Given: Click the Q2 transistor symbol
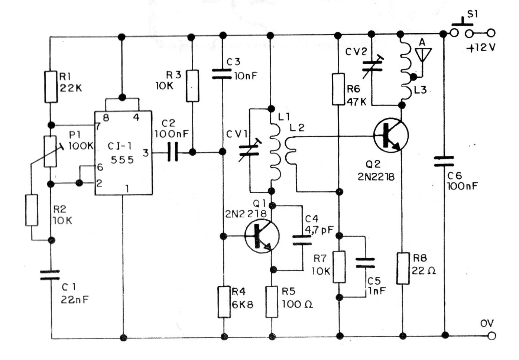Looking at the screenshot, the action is pyautogui.click(x=391, y=135).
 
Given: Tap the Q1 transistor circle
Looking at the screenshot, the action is pyautogui.click(x=262, y=236).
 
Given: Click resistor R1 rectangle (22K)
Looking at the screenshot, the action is pyautogui.click(x=51, y=87).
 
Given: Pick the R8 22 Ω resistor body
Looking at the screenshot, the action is pyautogui.click(x=403, y=268).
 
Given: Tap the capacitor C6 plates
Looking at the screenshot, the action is pyautogui.click(x=444, y=162).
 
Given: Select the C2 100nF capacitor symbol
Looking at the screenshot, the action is pyautogui.click(x=173, y=152).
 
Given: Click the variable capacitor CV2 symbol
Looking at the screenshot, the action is pyautogui.click(x=372, y=66).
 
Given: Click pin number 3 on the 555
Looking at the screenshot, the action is pyautogui.click(x=146, y=153).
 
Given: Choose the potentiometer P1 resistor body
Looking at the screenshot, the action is pyautogui.click(x=50, y=151).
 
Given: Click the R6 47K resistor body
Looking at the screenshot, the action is pyautogui.click(x=338, y=89).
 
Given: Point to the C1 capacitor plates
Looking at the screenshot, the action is pyautogui.click(x=50, y=275).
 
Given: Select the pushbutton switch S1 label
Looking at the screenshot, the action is pyautogui.click(x=472, y=14).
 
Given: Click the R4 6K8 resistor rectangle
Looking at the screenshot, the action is pyautogui.click(x=224, y=302).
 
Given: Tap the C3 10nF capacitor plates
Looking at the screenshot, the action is pyautogui.click(x=222, y=74).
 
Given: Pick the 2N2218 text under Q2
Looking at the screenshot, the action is pyautogui.click(x=376, y=177).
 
